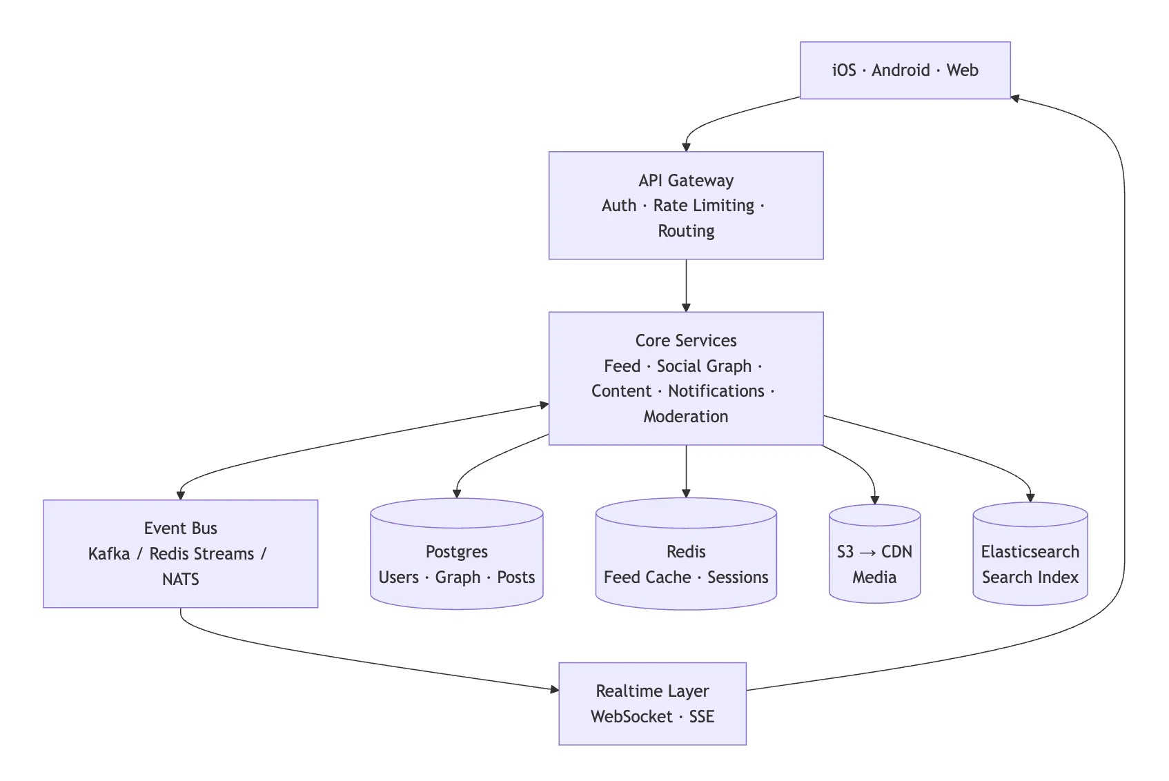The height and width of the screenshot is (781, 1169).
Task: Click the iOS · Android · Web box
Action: [x=905, y=70]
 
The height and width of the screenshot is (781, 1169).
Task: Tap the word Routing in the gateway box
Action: [x=686, y=231]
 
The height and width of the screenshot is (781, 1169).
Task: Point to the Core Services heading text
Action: [x=686, y=341]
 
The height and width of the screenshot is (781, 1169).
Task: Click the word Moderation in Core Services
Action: [x=686, y=417]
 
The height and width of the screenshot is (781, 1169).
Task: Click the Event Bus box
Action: [x=180, y=553]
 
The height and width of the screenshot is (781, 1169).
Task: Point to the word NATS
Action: [x=180, y=580]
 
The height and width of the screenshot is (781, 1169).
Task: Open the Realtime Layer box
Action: [x=652, y=704]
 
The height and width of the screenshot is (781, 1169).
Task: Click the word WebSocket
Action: [x=631, y=717]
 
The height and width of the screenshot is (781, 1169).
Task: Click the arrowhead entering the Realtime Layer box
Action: [x=555, y=689]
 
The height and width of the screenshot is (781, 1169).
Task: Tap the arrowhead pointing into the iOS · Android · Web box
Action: [x=1016, y=99]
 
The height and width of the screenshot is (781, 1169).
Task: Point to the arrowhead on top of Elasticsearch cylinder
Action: [x=1030, y=497]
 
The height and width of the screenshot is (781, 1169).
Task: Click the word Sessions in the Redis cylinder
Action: [x=738, y=577]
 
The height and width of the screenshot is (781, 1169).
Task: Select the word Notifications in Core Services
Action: [x=716, y=391]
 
